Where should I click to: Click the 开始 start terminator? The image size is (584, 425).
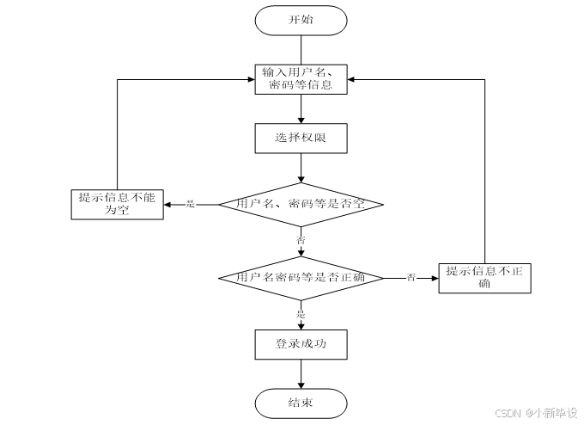[301, 19]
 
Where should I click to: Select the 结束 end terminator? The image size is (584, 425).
[301, 403]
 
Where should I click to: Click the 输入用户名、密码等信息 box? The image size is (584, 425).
[301, 78]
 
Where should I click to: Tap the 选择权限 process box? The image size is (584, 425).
[301, 138]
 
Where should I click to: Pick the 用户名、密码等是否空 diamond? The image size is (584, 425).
[301, 204]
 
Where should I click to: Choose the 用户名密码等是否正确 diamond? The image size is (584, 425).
[301, 277]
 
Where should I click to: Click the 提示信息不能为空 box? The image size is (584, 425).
[117, 204]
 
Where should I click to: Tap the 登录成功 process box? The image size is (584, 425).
[301, 345]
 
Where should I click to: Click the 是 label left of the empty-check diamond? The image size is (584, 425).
[191, 204]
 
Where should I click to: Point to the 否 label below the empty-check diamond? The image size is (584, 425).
[301, 240]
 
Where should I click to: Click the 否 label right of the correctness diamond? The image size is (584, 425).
[411, 277]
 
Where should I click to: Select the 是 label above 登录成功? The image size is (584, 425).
[301, 313]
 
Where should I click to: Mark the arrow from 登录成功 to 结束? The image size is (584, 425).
[301, 374]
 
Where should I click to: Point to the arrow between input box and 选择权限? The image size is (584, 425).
[301, 108]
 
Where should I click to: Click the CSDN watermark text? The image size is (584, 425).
[537, 413]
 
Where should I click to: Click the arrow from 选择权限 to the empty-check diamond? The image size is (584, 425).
[301, 168]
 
